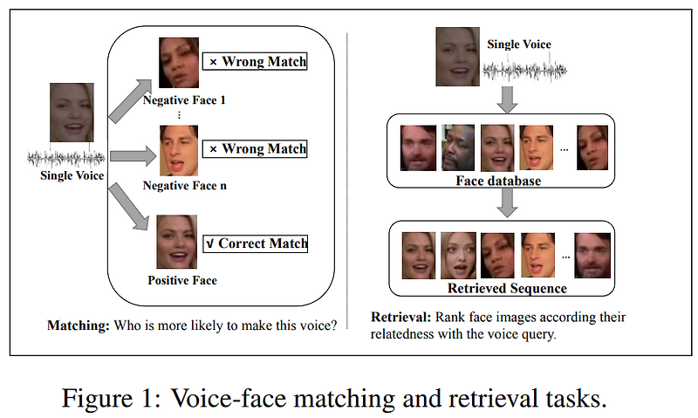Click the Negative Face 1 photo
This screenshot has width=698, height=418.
[179, 62]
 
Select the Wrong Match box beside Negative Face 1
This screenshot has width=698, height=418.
[255, 62]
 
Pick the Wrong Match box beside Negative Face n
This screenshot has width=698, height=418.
[255, 148]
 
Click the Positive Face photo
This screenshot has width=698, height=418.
[178, 242]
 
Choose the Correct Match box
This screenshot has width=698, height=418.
[255, 243]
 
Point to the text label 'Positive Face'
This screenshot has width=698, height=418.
[181, 280]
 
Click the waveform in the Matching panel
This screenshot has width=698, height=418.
[67, 158]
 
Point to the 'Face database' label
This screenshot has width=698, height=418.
[500, 181]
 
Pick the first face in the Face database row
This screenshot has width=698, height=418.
[418, 147]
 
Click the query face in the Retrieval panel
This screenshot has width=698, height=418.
[459, 57]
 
